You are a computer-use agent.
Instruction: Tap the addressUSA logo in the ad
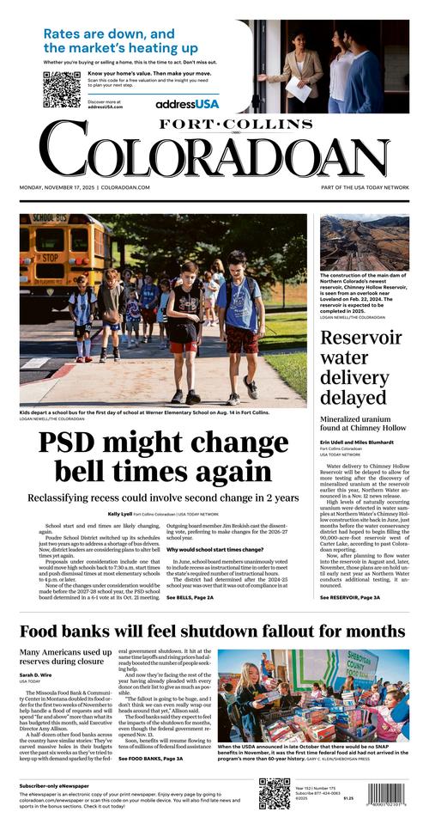click(x=187, y=103)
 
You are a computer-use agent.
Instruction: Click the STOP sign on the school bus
click(x=28, y=256)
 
